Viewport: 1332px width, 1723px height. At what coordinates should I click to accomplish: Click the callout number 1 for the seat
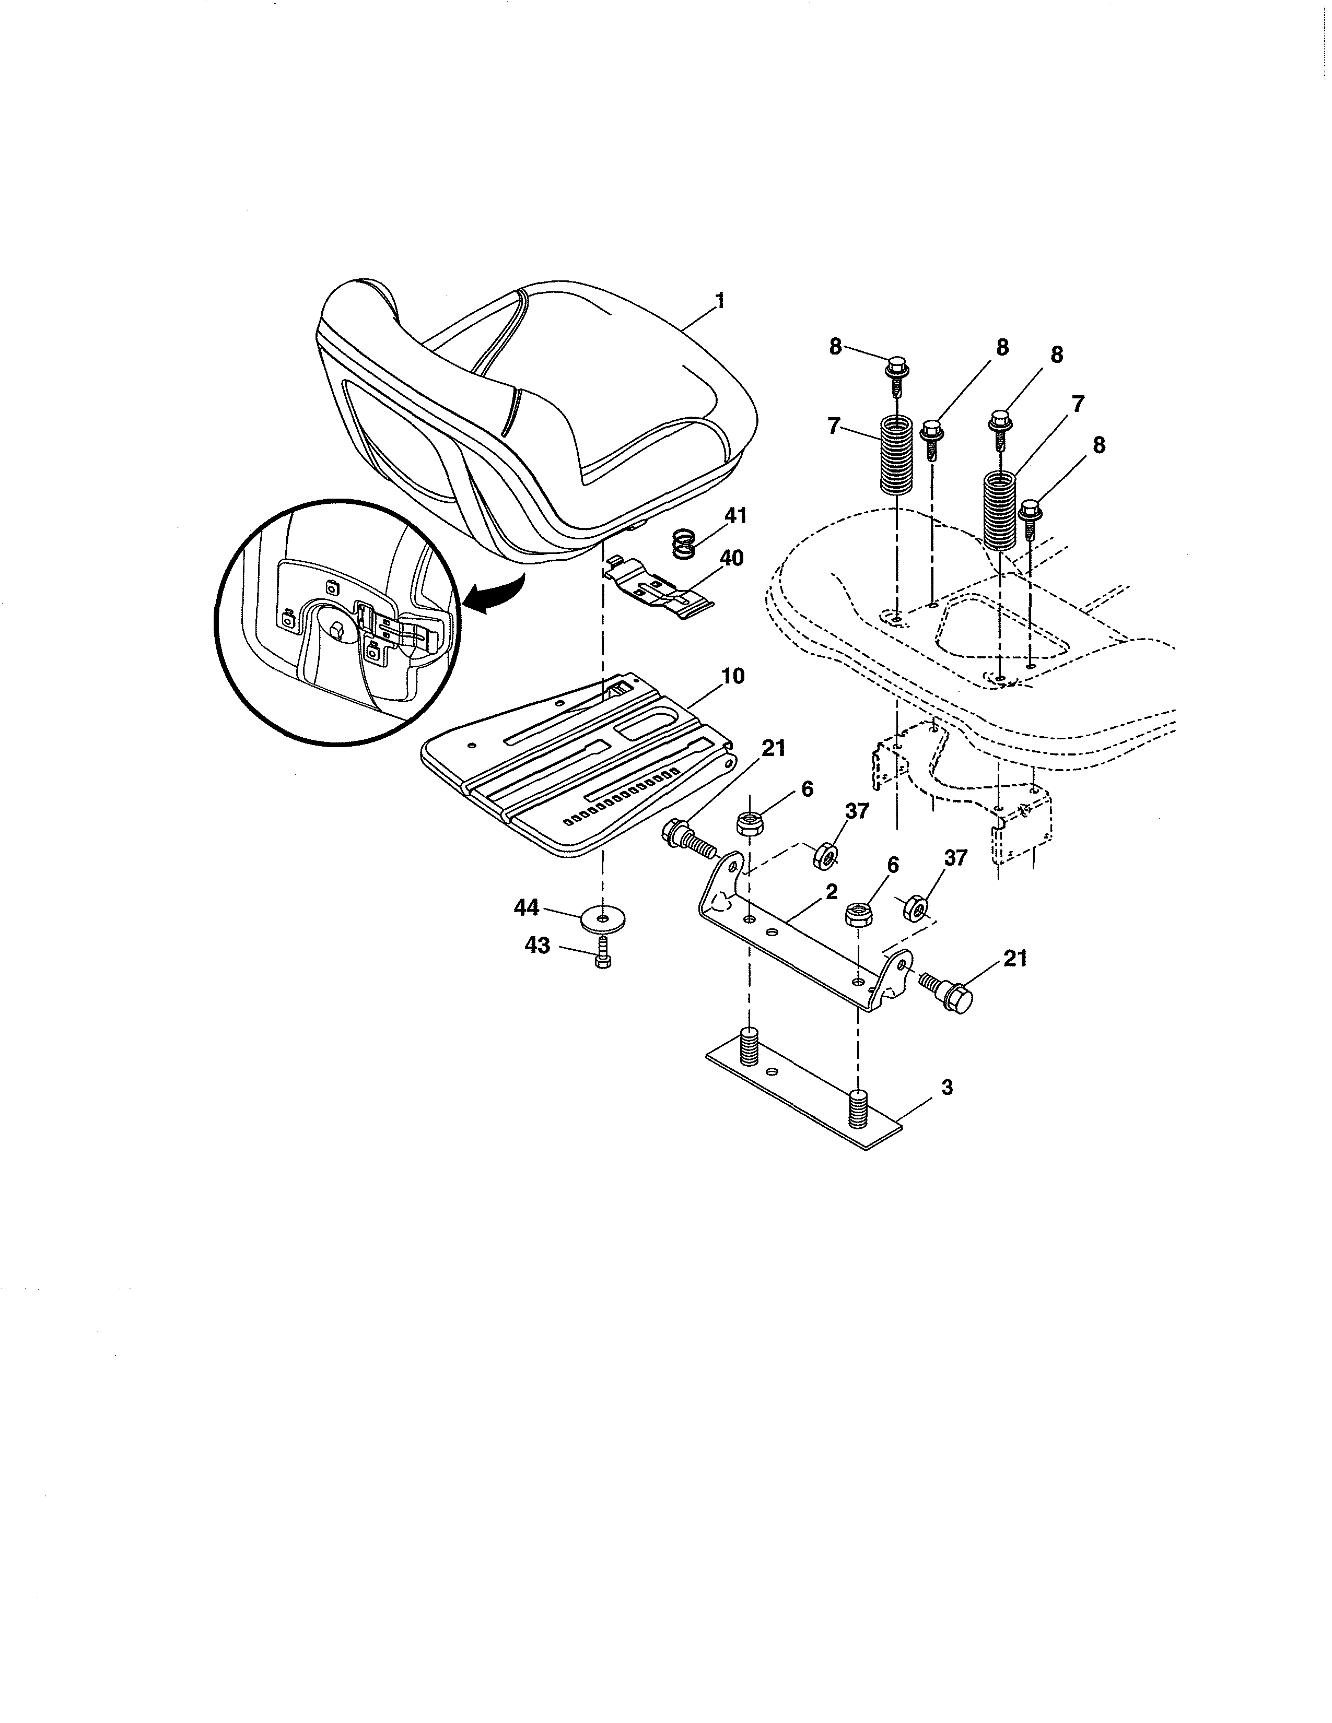[719, 301]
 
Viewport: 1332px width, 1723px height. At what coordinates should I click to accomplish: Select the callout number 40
[731, 559]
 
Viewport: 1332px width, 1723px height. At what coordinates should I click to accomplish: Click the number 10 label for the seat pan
[732, 676]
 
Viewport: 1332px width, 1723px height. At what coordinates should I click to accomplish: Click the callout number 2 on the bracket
[831, 892]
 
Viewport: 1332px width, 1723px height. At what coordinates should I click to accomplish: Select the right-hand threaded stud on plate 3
[858, 1109]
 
